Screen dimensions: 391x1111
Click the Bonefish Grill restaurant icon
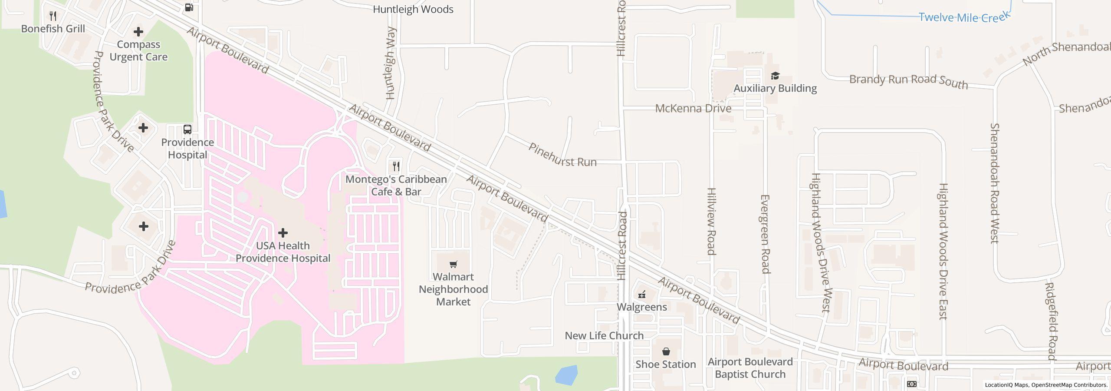[53, 16]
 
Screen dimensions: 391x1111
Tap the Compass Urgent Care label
[138, 51]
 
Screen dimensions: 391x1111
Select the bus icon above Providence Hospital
[187, 129]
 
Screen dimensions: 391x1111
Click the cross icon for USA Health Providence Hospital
[283, 233]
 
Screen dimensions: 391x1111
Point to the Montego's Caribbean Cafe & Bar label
[396, 186]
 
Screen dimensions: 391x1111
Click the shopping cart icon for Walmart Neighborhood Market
[453, 264]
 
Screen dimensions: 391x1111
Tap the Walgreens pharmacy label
[641, 307]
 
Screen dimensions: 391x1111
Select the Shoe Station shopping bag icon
[666, 351]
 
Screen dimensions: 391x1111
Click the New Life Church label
[604, 336]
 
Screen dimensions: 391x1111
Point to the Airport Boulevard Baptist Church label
[750, 368]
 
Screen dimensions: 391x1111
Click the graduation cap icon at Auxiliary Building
[775, 76]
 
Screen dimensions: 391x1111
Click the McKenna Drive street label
[693, 109]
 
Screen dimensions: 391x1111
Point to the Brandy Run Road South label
[908, 81]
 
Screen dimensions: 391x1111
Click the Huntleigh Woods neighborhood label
[413, 10]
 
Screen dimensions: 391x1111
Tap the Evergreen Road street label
[765, 234]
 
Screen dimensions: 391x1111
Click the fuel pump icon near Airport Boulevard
[189, 7]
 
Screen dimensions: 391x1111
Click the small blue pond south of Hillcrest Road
[566, 375]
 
